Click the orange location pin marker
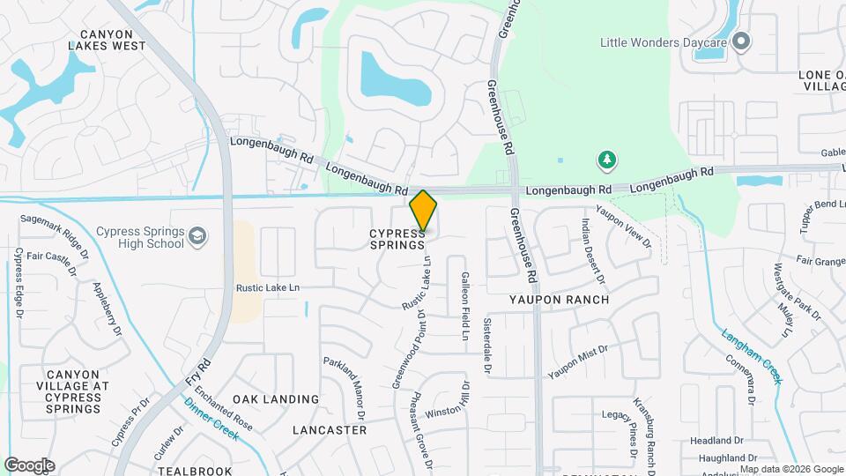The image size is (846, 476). coord(423,212)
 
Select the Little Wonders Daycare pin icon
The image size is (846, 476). coord(741,41)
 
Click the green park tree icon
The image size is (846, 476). coord(606,160)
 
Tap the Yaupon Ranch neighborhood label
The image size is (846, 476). coord(560,300)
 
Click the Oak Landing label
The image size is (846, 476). coord(277,399)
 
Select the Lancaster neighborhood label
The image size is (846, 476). coord(330,430)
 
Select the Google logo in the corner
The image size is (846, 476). coord(29,465)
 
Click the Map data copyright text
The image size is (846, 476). coord(790,469)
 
